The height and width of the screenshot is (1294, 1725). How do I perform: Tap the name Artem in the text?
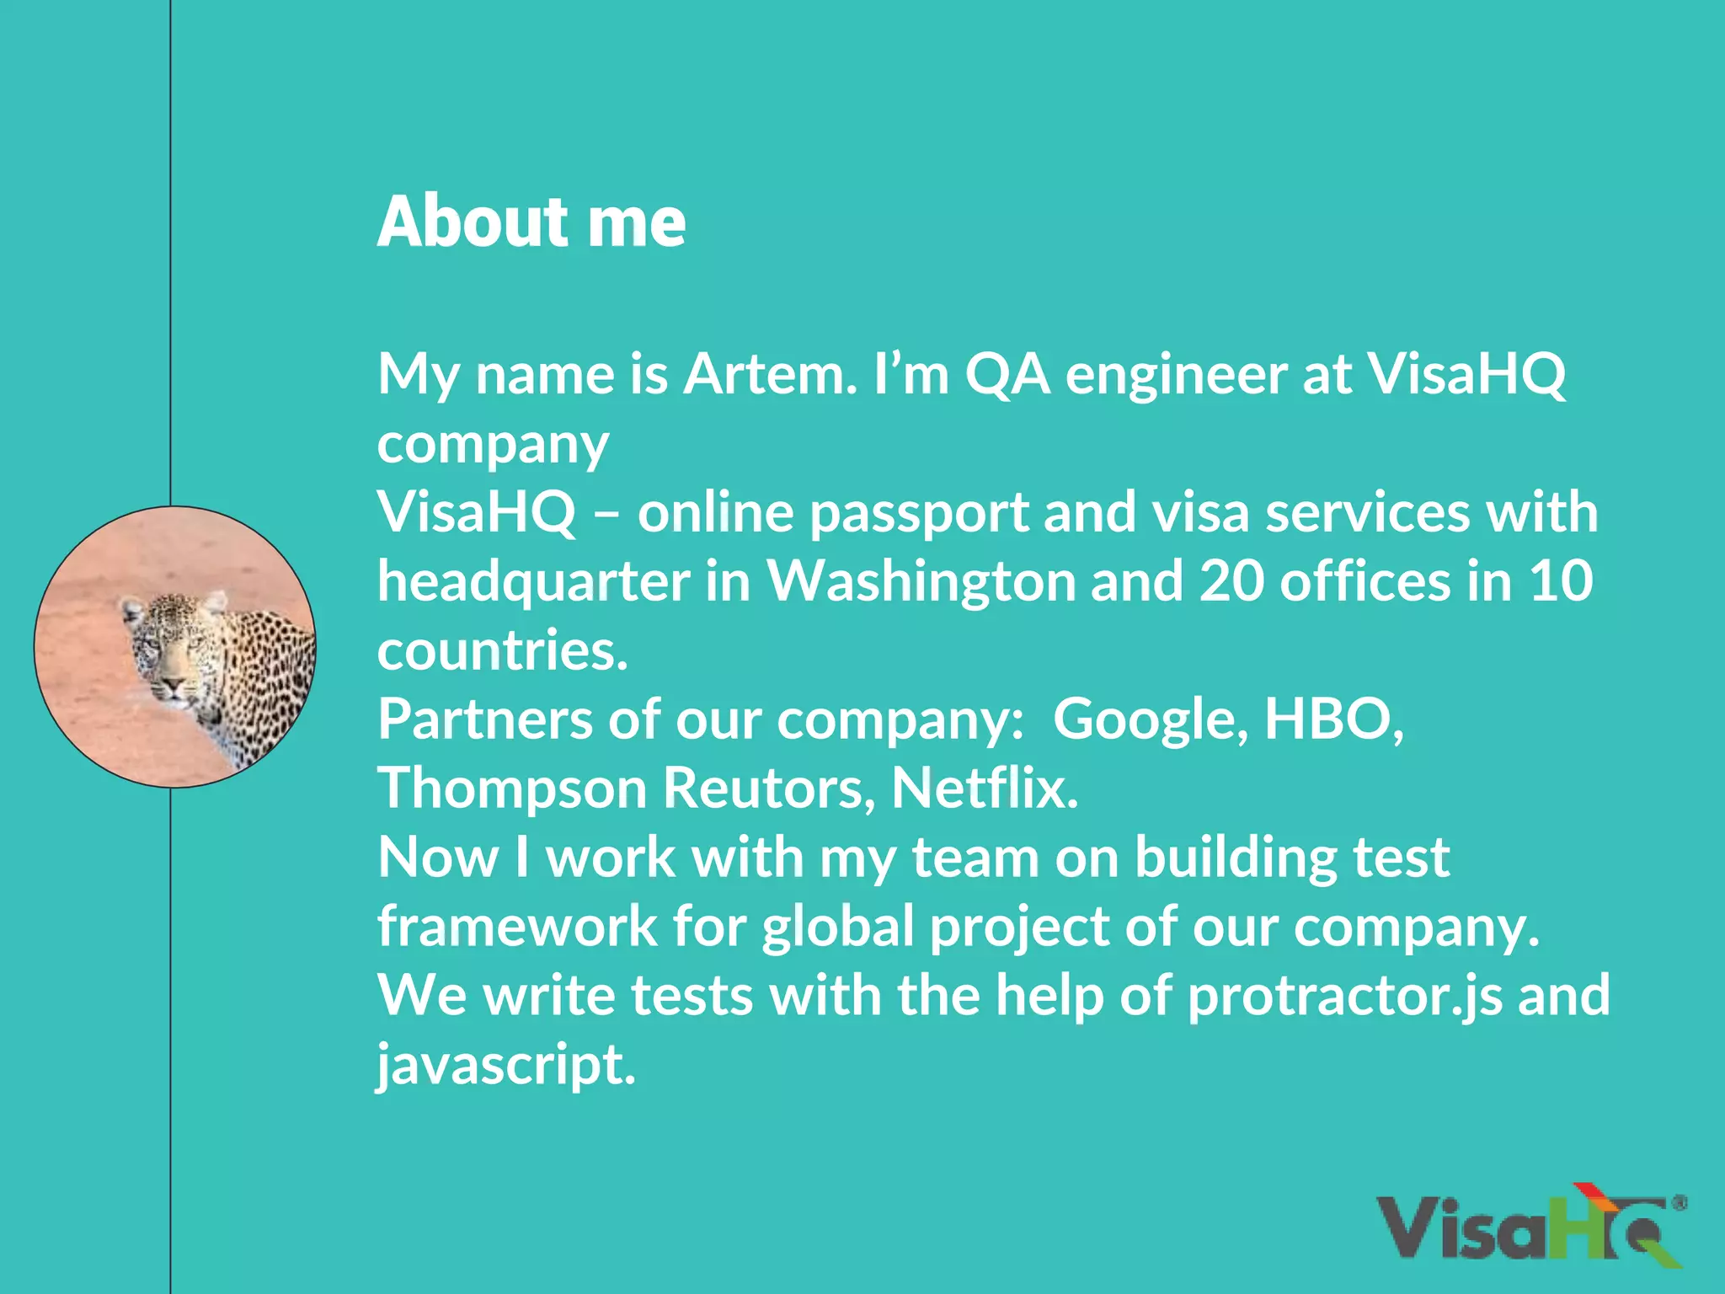pos(769,373)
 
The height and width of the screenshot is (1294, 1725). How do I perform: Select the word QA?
pos(1007,373)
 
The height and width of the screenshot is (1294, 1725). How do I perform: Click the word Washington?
pos(921,581)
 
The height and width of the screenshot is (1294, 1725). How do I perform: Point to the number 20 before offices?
pos(1231,581)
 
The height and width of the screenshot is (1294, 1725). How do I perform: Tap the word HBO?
pos(1332,719)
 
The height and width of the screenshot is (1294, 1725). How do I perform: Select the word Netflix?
pos(984,789)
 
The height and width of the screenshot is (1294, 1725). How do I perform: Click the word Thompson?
pos(511,789)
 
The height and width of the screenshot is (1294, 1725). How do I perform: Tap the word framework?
pos(516,927)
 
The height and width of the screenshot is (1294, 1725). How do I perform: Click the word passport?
pos(918,512)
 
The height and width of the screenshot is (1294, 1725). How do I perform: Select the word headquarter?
pos(533,581)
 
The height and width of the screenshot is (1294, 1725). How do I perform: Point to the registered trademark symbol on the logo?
pos(1678,1203)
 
